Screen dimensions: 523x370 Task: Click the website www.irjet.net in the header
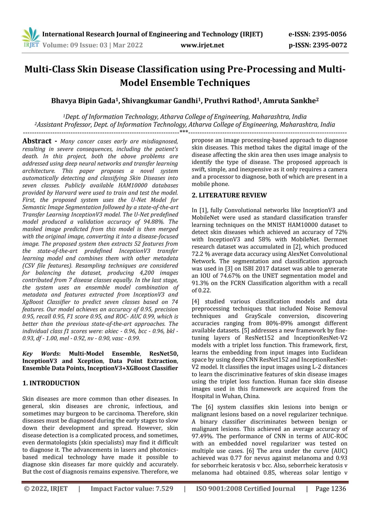(202, 45)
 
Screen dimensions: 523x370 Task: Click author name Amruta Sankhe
(291, 101)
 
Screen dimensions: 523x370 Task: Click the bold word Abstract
(37, 141)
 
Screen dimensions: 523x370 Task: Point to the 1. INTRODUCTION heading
(51, 383)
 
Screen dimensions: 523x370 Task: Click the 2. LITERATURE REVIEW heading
(229, 195)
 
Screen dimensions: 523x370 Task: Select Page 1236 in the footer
(331, 489)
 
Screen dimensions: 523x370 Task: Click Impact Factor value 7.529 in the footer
(132, 489)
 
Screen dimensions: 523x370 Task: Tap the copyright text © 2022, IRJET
(46, 489)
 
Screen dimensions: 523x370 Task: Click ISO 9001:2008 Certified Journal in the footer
(245, 489)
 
